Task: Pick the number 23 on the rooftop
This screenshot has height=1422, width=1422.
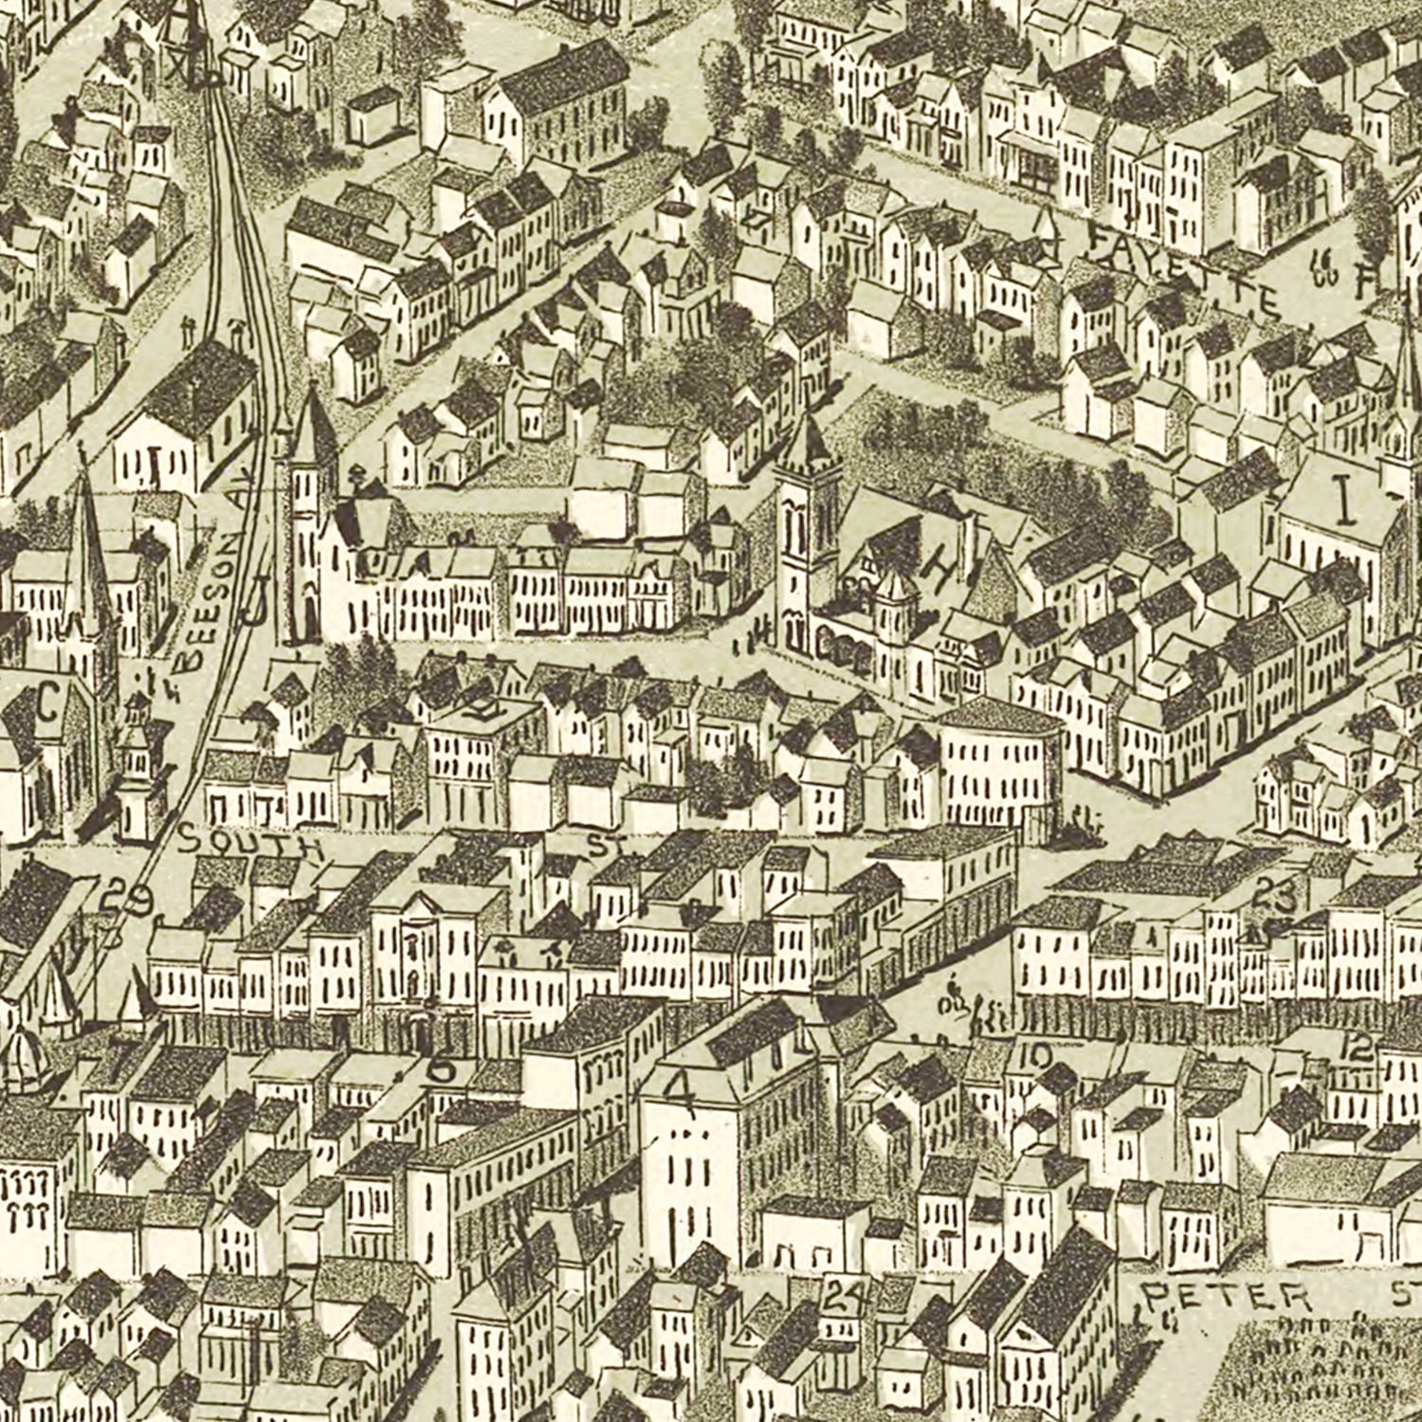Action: click(x=1274, y=894)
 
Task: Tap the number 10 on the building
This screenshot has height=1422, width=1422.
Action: click(x=1036, y=1055)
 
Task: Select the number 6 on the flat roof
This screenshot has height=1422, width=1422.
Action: click(x=441, y=1069)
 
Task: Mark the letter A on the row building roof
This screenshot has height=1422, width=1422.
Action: click(x=443, y=561)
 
